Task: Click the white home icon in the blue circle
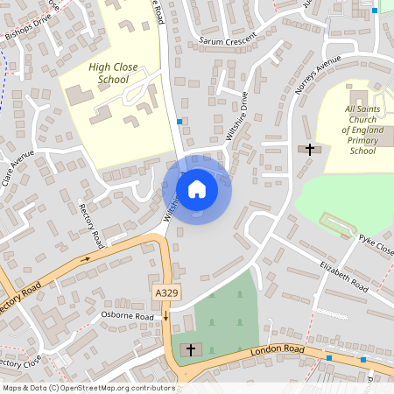(197, 188)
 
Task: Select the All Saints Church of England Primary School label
(362, 129)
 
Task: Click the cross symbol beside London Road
(189, 350)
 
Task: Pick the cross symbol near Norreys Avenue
(308, 150)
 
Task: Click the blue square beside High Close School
(179, 122)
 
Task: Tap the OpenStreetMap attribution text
(88, 388)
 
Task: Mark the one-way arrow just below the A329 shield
(165, 314)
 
